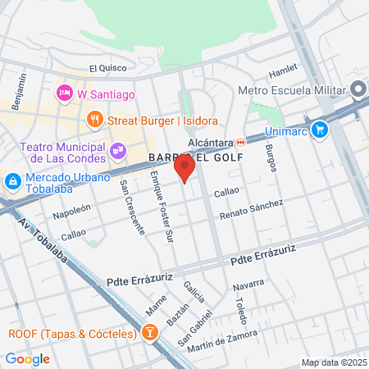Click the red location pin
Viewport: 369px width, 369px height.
184,168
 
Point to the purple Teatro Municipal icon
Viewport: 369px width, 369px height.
118,150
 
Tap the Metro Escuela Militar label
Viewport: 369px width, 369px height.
290,90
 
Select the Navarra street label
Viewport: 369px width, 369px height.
249,285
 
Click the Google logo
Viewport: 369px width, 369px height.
27,358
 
